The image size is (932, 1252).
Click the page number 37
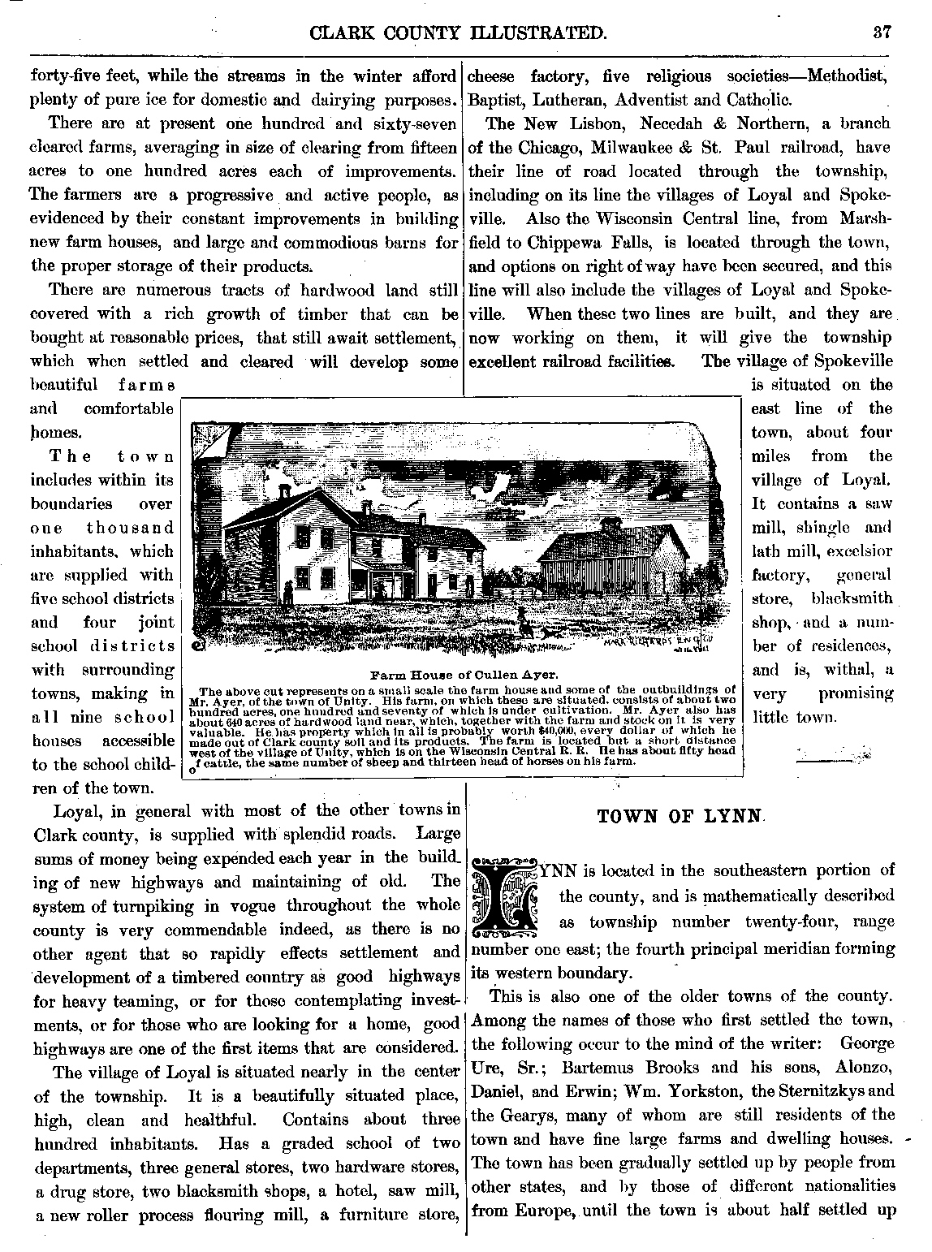[883, 33]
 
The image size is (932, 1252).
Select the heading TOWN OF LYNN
[680, 817]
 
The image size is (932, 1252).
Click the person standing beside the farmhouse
[288, 593]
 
